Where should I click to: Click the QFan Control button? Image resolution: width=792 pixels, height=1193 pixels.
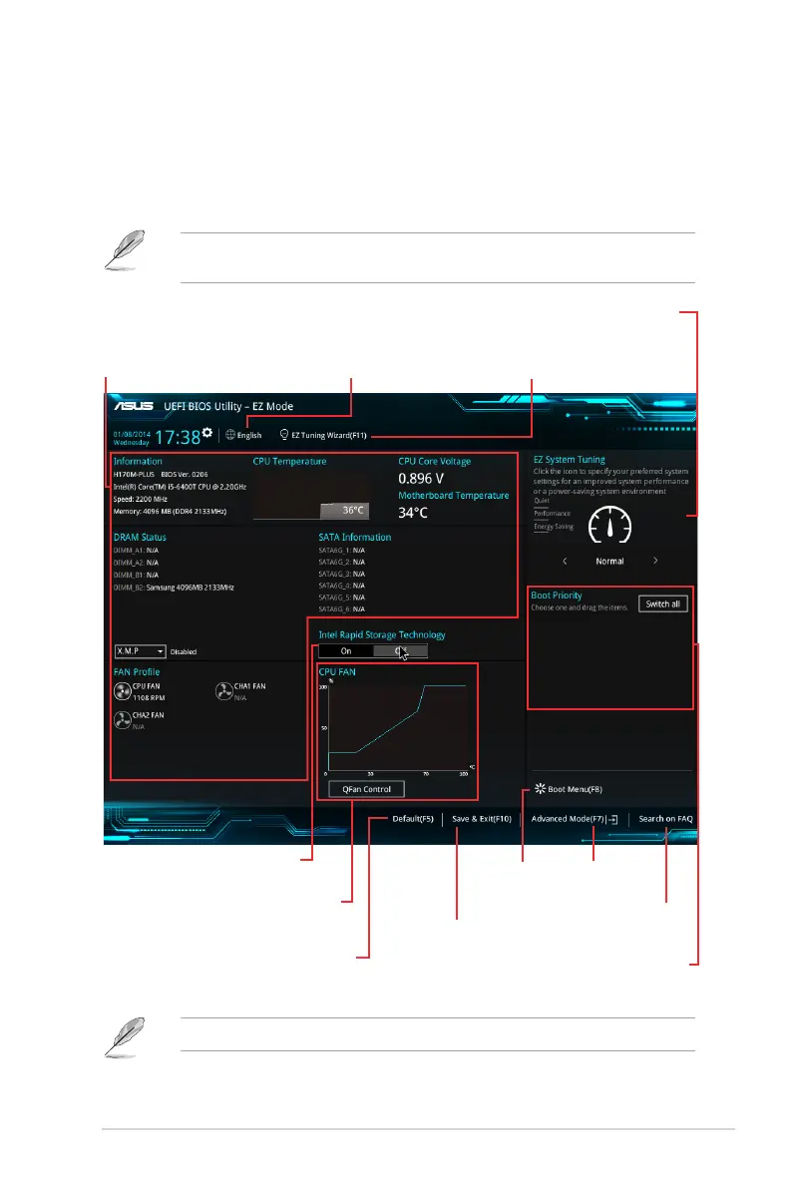coord(366,789)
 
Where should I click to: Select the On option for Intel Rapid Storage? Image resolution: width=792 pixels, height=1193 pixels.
coord(345,650)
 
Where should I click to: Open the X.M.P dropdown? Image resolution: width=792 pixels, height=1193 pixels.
coord(140,650)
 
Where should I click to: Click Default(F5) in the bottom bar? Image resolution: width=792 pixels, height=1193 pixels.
coord(412,819)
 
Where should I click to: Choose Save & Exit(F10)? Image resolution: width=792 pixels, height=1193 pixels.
coord(481,819)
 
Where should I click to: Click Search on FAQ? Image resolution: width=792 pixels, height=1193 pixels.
coord(665,819)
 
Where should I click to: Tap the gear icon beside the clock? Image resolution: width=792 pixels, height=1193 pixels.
coord(207,433)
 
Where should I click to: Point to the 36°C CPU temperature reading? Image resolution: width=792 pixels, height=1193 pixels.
coord(354,510)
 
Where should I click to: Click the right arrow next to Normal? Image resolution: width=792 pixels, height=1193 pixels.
coord(655,561)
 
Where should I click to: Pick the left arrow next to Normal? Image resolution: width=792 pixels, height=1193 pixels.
coord(564,561)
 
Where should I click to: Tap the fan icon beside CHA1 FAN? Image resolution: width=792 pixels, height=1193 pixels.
coord(224,691)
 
